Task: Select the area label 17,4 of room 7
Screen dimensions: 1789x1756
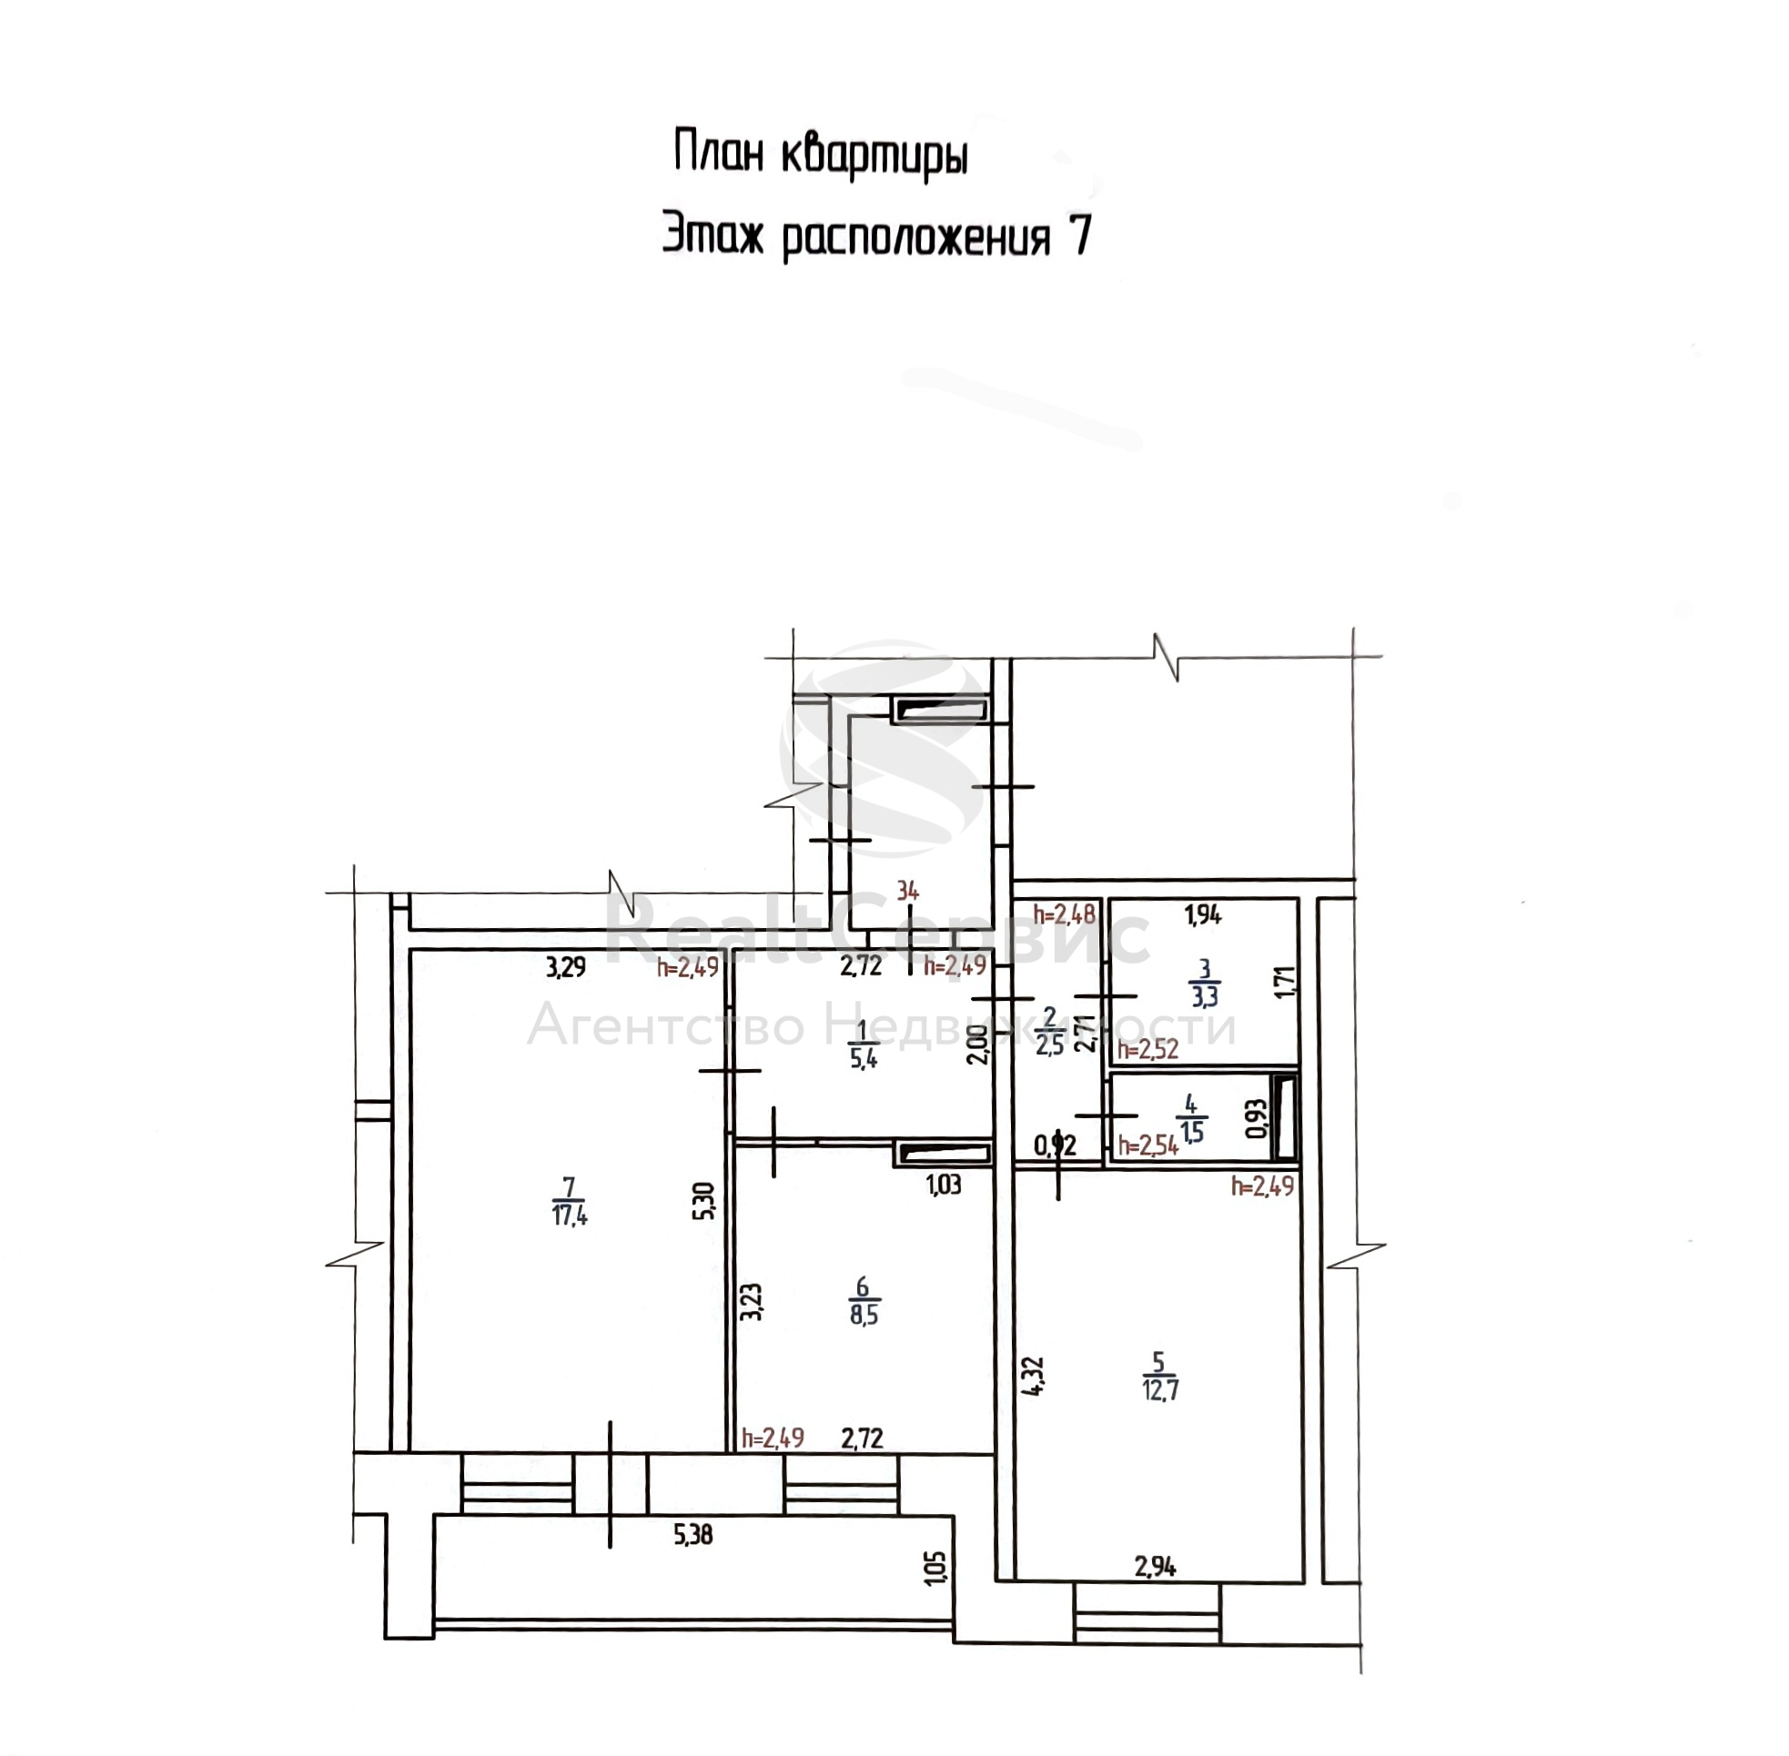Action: pyautogui.click(x=570, y=1216)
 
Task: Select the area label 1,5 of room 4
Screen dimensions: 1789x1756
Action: pyautogui.click(x=1191, y=1131)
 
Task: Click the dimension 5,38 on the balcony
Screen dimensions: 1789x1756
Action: pyautogui.click(x=693, y=1536)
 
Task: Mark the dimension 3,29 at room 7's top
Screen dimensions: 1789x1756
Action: pyautogui.click(x=566, y=967)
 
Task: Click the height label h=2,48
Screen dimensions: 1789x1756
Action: pyautogui.click(x=1064, y=914)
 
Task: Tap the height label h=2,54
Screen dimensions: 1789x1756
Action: pyautogui.click(x=1148, y=1146)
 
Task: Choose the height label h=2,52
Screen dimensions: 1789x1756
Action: pyautogui.click(x=1148, y=1050)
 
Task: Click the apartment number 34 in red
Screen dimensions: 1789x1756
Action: pyautogui.click(x=907, y=891)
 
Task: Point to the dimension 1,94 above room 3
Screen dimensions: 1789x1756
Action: pyautogui.click(x=1203, y=915)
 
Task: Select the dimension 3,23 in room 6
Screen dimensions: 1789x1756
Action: pyautogui.click(x=753, y=1301)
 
